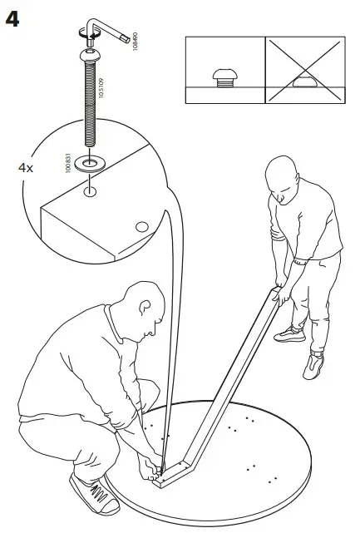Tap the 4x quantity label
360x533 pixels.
tap(26, 167)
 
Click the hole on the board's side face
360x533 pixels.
tap(141, 225)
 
